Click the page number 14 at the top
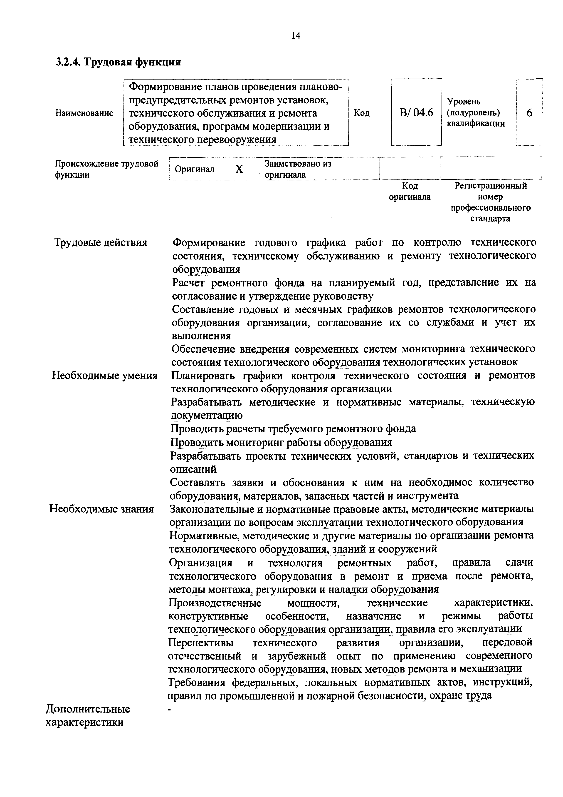[x=296, y=35]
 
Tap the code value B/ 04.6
[x=416, y=113]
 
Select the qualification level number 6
[x=529, y=113]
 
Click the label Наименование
[x=84, y=113]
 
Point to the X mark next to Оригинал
[x=239, y=169]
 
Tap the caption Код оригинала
[x=410, y=191]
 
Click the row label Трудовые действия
[x=101, y=242]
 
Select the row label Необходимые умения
[x=104, y=376]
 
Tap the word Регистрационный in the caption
[x=491, y=186]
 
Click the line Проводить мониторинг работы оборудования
[x=281, y=442]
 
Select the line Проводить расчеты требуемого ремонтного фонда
[x=293, y=429]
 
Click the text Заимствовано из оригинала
[x=298, y=169]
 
